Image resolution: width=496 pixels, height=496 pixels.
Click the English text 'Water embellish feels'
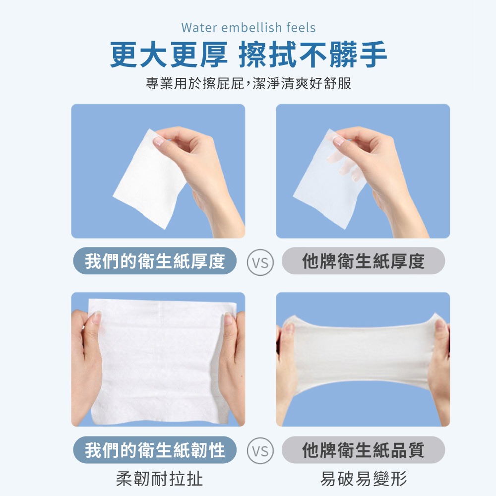click(248, 27)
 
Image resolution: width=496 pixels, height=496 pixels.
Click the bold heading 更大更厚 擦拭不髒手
click(248, 55)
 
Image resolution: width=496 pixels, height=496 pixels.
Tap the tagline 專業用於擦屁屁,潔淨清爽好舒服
click(248, 83)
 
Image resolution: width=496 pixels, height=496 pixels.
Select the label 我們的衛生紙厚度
click(155, 261)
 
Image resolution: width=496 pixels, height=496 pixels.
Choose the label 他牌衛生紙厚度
click(363, 261)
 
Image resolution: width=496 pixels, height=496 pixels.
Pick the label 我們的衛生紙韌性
click(155, 450)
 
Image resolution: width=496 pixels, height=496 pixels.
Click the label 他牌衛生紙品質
click(363, 450)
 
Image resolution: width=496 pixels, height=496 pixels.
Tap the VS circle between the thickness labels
click(260, 261)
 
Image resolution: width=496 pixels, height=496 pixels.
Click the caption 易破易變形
click(364, 479)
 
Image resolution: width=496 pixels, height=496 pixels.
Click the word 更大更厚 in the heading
click(169, 55)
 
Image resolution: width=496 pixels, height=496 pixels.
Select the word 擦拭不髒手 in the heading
click(312, 55)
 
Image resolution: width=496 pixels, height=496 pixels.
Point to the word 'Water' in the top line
click(197, 27)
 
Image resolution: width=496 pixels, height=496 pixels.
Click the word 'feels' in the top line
click(301, 27)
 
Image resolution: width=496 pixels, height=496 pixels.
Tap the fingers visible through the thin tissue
click(347, 164)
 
